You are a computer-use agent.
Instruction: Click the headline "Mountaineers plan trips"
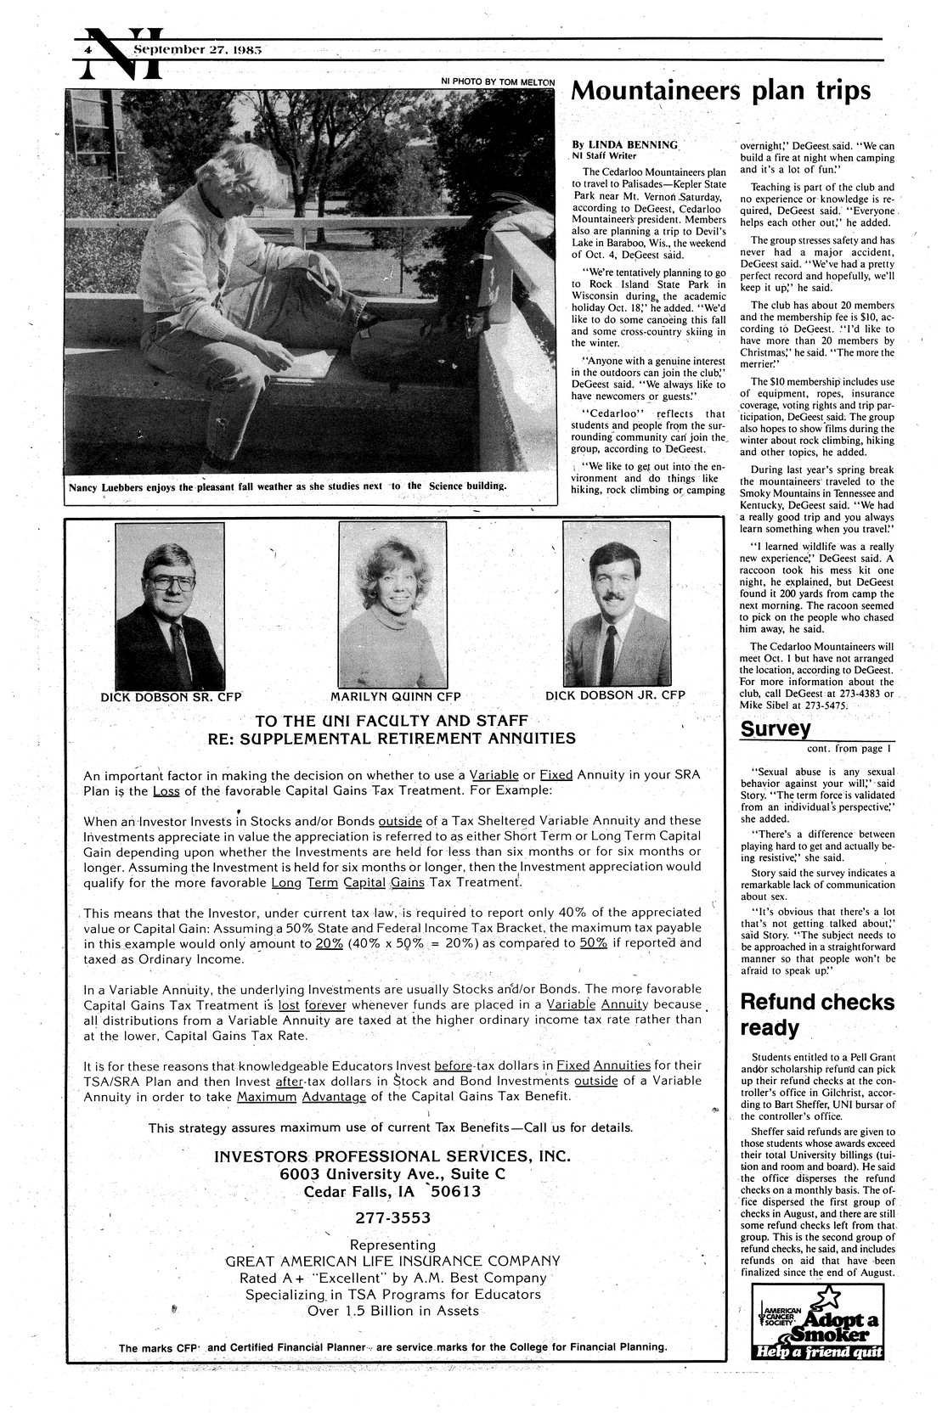(x=720, y=91)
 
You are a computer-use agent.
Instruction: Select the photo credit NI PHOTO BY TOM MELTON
(x=497, y=81)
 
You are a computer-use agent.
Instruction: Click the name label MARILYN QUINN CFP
(x=395, y=696)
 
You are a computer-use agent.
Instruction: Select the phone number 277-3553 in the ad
(x=392, y=1217)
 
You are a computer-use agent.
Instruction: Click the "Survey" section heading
(x=776, y=728)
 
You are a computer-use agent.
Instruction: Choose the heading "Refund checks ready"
(x=817, y=1015)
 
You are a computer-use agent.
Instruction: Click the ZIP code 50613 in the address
(x=455, y=1191)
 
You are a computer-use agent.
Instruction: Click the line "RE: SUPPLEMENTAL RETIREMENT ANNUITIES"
(x=392, y=738)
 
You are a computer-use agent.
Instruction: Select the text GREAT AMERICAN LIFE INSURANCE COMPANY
(x=392, y=1261)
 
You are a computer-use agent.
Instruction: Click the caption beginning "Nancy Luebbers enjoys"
(x=289, y=486)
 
